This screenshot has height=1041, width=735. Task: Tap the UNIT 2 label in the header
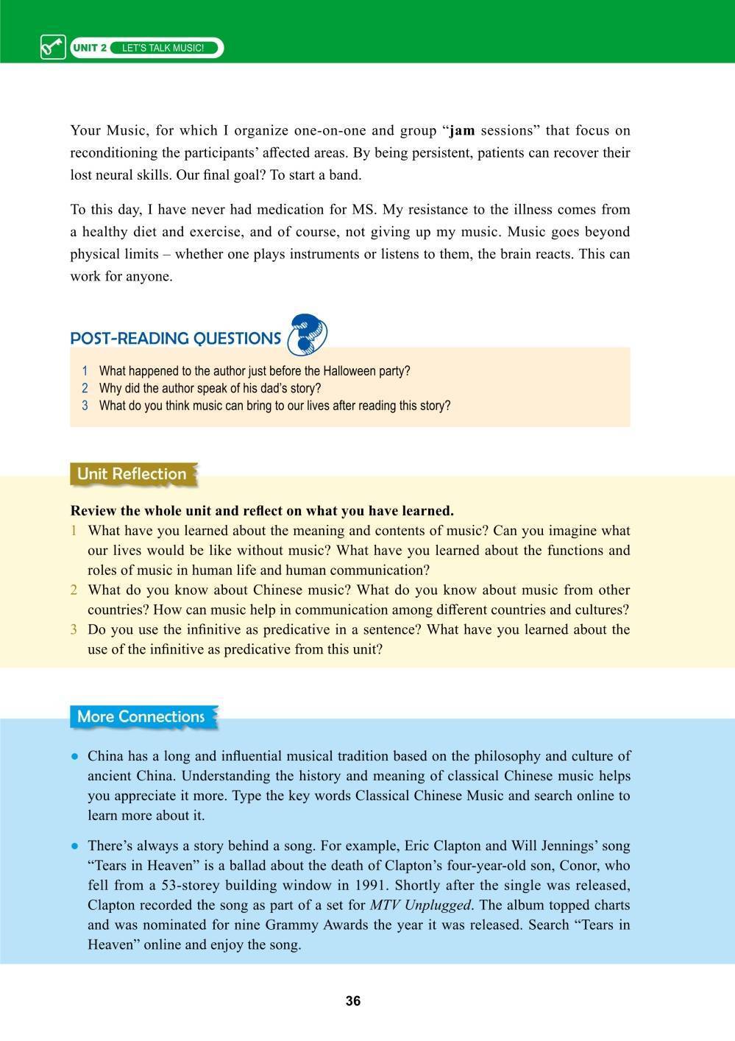point(90,49)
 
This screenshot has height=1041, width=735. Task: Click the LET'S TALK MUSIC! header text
point(163,49)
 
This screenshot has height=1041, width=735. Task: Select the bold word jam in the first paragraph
point(462,131)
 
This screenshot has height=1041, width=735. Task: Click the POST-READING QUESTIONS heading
point(175,339)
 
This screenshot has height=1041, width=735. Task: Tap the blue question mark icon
point(308,334)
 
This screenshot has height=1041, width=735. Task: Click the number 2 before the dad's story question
point(85,389)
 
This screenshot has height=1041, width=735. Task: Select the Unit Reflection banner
point(132,474)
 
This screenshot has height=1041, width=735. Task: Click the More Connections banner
point(141,717)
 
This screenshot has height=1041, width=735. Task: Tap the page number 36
point(353,1001)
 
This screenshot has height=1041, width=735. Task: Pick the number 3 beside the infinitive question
point(74,630)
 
